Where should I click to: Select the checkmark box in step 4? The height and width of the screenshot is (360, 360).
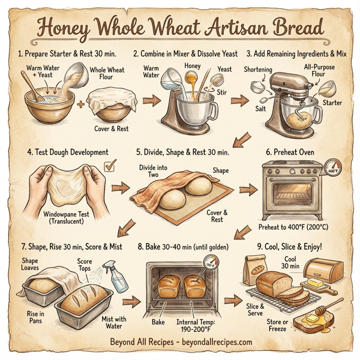[110, 164]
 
